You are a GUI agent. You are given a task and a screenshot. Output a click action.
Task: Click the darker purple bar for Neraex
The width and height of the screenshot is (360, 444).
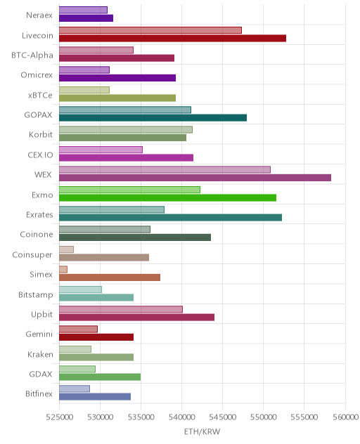click(86, 18)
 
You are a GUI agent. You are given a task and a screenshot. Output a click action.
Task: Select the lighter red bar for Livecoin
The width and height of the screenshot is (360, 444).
click(150, 30)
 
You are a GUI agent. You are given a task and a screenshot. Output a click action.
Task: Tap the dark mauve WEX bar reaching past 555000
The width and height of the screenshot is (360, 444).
click(195, 178)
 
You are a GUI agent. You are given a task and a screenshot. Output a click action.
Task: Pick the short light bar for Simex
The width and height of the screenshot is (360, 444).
click(63, 270)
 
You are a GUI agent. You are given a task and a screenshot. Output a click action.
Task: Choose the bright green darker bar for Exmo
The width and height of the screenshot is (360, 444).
click(168, 198)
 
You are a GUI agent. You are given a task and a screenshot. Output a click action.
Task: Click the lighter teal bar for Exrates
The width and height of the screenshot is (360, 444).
click(112, 210)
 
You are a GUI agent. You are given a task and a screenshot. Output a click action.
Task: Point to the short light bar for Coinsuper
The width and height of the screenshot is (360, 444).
click(66, 249)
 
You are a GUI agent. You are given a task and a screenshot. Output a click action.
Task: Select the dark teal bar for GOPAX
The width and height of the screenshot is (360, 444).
click(153, 118)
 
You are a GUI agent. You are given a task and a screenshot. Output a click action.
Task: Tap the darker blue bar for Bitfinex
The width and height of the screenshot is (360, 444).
click(95, 397)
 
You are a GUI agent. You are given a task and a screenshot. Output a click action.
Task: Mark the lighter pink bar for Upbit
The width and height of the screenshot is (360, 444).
click(121, 310)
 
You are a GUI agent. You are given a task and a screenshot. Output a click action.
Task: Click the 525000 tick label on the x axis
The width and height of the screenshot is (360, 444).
click(60, 417)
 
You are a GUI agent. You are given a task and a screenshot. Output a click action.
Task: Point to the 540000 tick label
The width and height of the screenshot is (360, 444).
click(181, 417)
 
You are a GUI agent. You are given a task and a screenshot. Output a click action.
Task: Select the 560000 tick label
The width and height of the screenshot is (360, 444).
click(345, 417)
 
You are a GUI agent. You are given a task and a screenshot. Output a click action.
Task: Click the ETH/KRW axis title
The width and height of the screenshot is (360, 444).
click(202, 432)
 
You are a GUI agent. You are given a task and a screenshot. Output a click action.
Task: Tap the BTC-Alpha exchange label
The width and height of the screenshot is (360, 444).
click(32, 55)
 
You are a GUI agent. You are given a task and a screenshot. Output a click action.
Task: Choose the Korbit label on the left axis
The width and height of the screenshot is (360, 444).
click(41, 134)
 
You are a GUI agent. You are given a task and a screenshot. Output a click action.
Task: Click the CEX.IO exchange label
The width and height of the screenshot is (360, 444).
click(40, 155)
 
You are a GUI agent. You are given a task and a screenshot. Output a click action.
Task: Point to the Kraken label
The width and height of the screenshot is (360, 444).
click(40, 355)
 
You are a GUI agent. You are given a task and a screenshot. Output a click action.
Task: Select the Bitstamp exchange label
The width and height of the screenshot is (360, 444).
click(36, 295)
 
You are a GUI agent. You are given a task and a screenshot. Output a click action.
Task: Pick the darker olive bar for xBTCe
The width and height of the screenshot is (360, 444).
click(117, 98)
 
